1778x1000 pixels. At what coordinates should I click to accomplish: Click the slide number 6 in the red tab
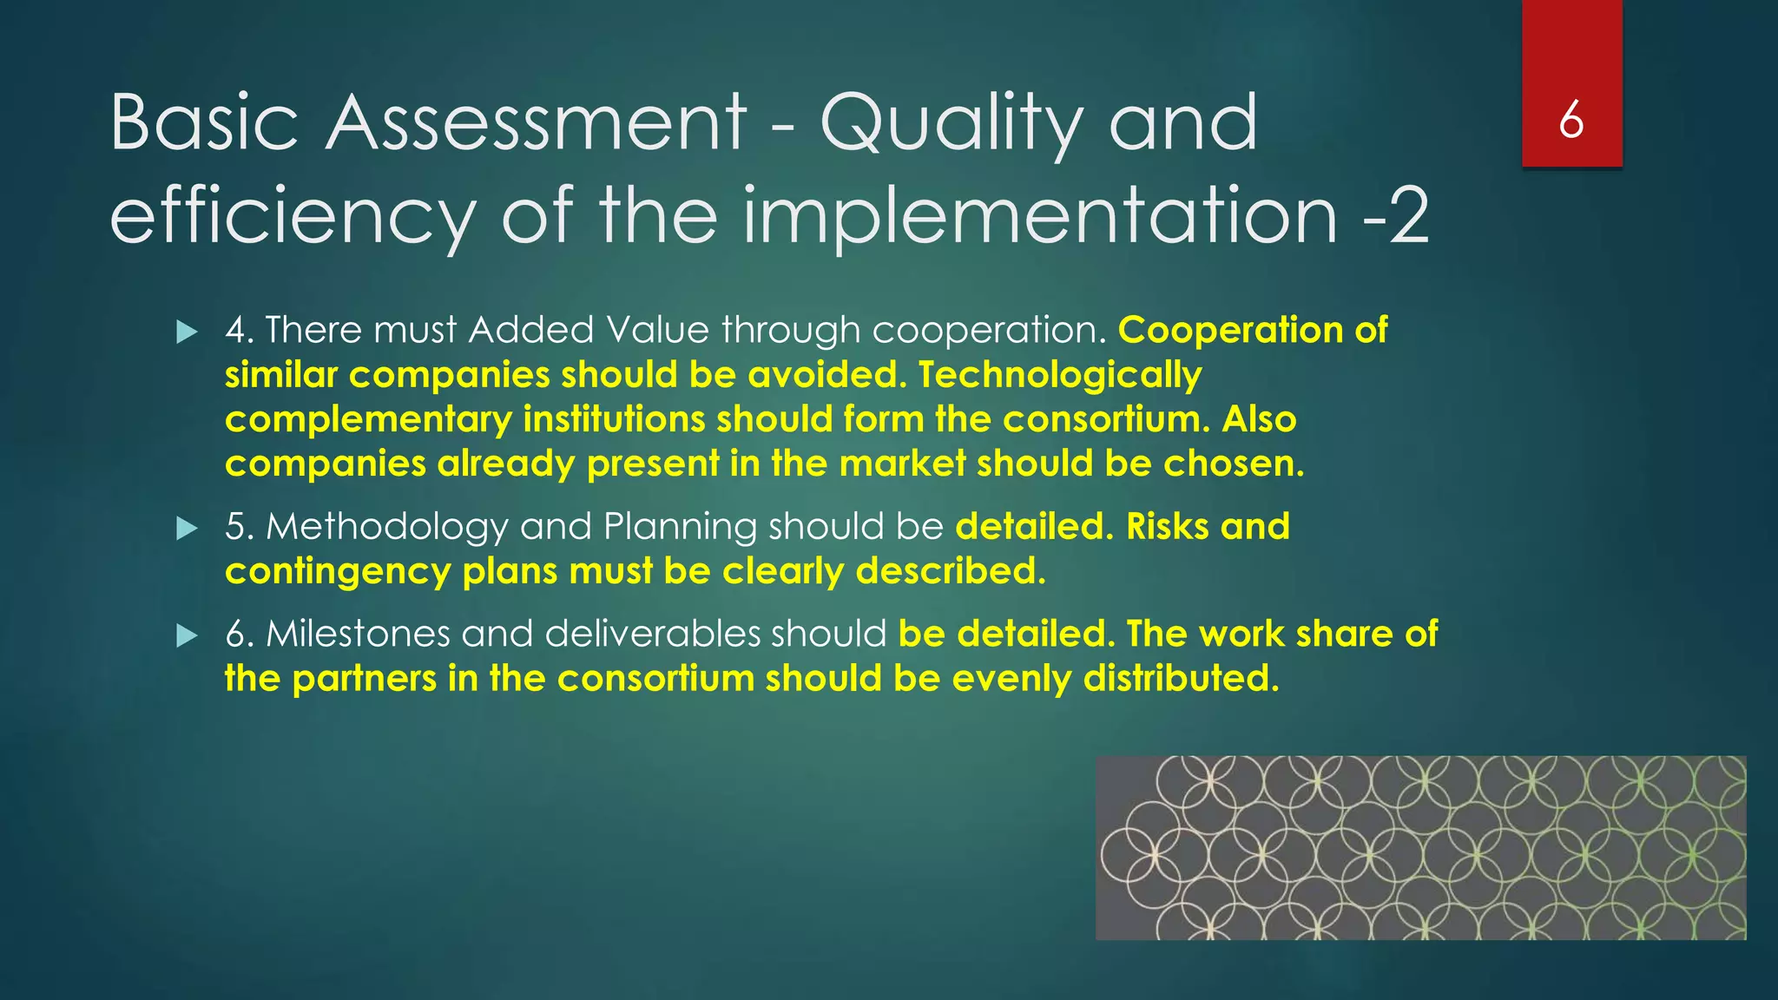click(x=1571, y=120)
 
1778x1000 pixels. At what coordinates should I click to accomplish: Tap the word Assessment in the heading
click(x=536, y=123)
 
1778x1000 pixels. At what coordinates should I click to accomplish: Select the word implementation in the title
click(x=1039, y=217)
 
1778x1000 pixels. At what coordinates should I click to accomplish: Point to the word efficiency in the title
click(x=293, y=217)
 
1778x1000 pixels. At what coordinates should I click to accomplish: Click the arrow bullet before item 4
click(x=187, y=332)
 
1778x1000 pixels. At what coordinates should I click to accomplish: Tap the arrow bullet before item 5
click(x=187, y=528)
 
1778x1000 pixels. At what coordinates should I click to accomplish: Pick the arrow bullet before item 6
click(x=187, y=635)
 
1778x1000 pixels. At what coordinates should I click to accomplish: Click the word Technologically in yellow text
click(x=1060, y=376)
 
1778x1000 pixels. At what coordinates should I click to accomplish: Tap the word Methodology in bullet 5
click(x=387, y=527)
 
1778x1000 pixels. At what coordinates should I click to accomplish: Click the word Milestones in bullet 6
click(x=358, y=634)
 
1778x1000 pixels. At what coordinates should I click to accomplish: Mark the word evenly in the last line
click(x=1011, y=679)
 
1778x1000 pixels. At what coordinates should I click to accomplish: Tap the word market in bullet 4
click(x=902, y=464)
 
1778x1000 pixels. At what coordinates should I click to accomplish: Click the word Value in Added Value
click(x=657, y=331)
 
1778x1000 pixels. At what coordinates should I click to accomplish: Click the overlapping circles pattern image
click(x=1420, y=847)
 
